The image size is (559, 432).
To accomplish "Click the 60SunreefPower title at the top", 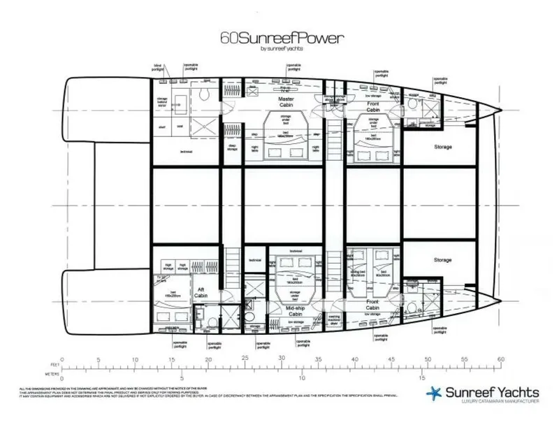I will click(279, 38).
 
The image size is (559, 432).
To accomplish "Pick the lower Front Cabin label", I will click(372, 304).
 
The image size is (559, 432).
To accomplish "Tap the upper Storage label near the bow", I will click(442, 147).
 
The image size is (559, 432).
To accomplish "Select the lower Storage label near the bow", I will click(442, 260).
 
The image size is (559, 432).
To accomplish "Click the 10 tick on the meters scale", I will click(302, 378).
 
